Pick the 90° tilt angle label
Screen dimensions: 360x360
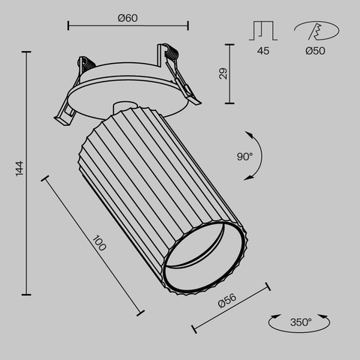(x=244, y=156)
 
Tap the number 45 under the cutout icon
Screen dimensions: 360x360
(x=262, y=52)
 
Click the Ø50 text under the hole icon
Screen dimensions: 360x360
(x=316, y=52)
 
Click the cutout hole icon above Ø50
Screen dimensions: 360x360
(x=315, y=31)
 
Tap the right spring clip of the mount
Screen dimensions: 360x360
(x=180, y=75)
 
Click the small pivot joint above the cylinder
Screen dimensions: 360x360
(x=124, y=104)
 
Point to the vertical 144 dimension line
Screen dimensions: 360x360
(x=28, y=173)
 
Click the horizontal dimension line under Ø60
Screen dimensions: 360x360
(x=127, y=28)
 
